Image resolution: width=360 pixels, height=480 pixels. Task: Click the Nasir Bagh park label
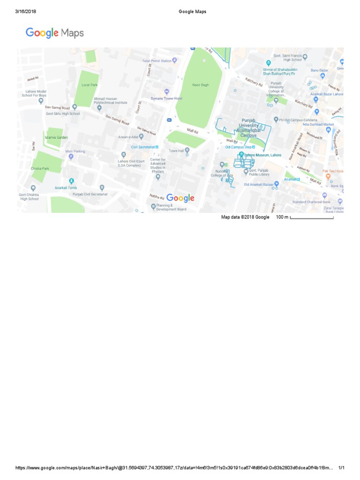click(200, 85)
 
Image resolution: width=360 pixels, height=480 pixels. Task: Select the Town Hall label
click(176, 151)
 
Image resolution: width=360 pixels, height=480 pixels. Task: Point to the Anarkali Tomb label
click(65, 187)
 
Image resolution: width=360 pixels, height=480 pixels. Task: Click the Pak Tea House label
click(333, 171)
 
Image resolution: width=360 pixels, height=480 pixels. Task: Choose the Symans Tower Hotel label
click(166, 98)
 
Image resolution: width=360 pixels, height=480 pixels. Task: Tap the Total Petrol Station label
click(157, 61)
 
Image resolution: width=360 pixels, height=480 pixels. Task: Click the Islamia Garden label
click(56, 137)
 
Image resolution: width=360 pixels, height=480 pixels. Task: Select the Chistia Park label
click(39, 168)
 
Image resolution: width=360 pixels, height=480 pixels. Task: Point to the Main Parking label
click(75, 151)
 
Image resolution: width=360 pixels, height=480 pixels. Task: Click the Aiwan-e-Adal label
click(127, 136)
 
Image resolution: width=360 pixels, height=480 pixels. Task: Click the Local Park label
click(89, 85)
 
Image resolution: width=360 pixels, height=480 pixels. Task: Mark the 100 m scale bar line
click(312, 218)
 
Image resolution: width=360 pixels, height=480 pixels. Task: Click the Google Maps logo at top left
click(55, 33)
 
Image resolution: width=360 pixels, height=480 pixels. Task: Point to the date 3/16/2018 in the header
click(26, 12)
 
